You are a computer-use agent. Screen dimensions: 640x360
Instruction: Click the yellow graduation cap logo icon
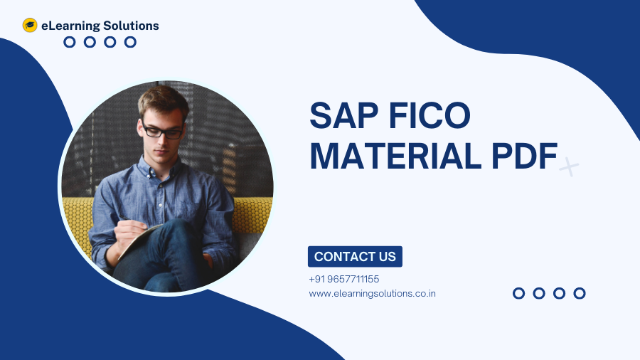[30, 26]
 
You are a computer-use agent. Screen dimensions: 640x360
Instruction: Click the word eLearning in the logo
[70, 26]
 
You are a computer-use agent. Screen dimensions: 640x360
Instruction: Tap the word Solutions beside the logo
[131, 26]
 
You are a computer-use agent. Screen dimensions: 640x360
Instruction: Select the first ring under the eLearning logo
[70, 42]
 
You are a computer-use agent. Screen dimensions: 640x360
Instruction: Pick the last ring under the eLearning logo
[130, 42]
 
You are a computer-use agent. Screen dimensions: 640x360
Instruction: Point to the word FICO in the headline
[430, 115]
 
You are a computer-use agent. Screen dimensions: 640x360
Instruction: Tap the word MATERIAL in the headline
[395, 156]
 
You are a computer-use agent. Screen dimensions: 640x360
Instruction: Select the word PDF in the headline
[525, 156]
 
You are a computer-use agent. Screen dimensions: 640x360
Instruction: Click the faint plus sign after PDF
[569, 166]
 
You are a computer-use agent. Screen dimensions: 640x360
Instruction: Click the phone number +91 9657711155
[344, 279]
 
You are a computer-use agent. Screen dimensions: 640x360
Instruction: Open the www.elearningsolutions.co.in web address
[372, 293]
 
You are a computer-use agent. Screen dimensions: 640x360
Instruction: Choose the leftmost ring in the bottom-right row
[519, 293]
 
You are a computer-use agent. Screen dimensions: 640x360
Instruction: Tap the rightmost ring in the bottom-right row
[580, 293]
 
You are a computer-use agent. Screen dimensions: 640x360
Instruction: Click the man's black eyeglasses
[162, 132]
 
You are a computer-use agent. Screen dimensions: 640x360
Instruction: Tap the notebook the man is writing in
[139, 240]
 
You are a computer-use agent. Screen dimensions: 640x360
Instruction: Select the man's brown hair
[164, 100]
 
